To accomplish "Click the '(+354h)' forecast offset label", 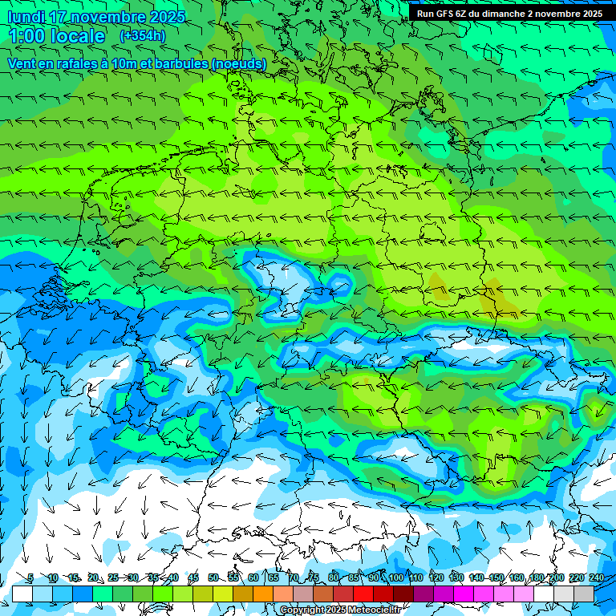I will (143, 35).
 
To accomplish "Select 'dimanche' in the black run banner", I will (506, 14).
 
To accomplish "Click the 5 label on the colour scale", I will (30, 577).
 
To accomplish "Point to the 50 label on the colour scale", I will (213, 577).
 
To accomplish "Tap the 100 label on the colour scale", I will (395, 577).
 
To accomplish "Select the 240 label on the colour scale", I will (596, 577).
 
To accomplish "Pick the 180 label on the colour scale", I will (536, 577).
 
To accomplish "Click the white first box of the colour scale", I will (22, 594).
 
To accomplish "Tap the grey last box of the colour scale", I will (584, 594).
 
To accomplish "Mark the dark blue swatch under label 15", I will (83, 594).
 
